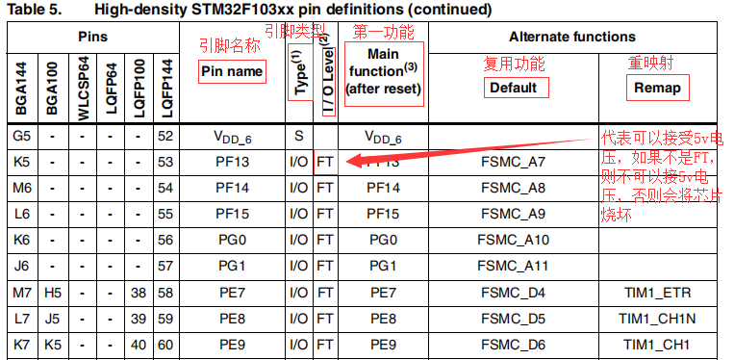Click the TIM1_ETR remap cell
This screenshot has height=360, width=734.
pos(656,293)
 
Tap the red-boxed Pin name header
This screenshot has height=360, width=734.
pos(232,71)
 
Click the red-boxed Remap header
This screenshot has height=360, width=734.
pos(657,88)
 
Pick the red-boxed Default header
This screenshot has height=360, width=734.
pos(514,88)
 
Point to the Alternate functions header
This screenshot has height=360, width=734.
pos(571,38)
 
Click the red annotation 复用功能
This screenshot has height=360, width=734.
pos(513,64)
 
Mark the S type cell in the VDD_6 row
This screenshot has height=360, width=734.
pos(298,136)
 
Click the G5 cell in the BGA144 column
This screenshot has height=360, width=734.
pos(21,136)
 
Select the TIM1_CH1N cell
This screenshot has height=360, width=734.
pos(656,319)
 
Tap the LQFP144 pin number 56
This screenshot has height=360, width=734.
pos(165,240)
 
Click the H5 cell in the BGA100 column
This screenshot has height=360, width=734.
pos(54,293)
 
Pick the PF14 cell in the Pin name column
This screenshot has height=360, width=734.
pos(232,188)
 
